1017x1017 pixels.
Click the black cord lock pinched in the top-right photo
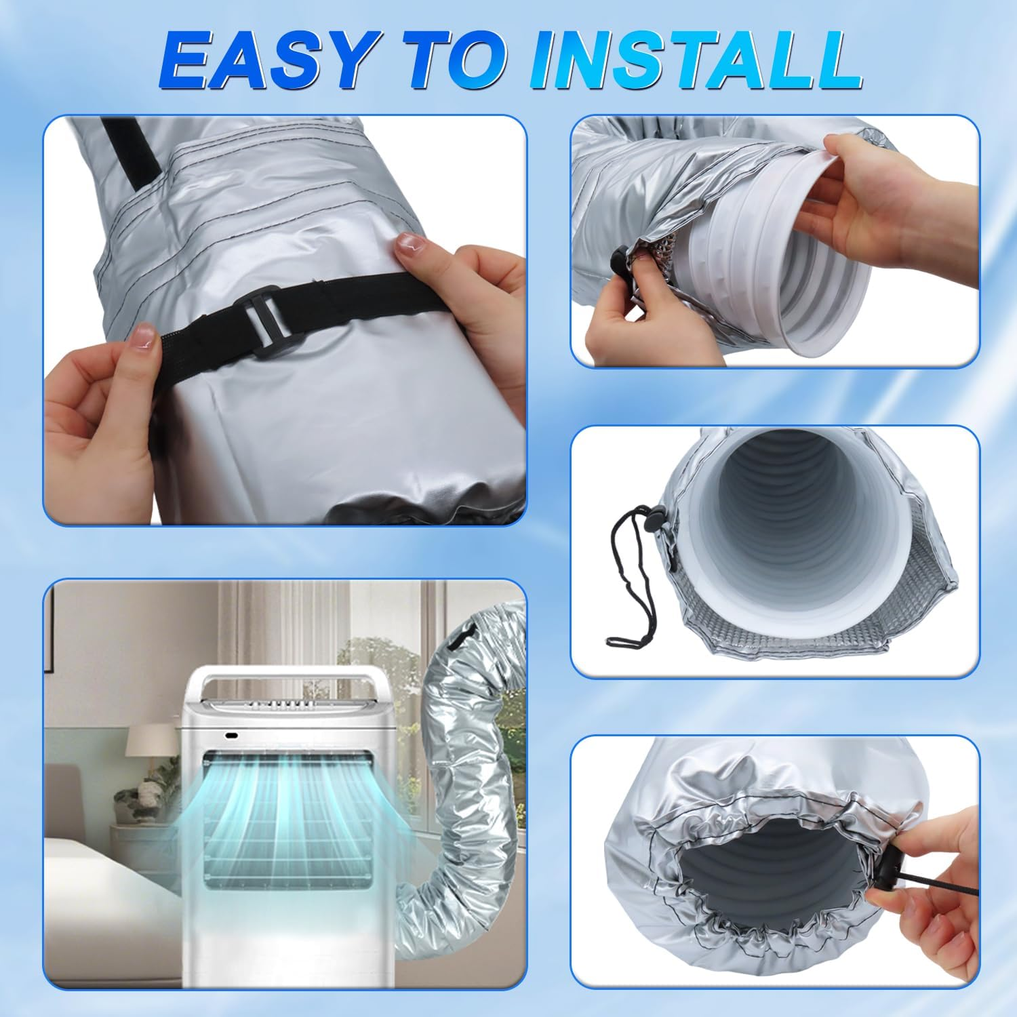[618, 258]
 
